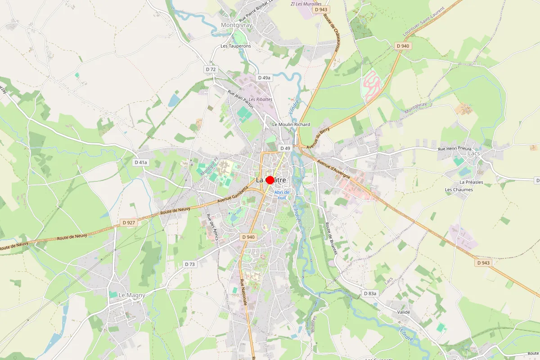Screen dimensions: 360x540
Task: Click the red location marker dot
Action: tap(270, 180)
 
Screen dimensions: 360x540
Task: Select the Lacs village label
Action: tap(474, 153)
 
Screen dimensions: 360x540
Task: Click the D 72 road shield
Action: tap(211, 69)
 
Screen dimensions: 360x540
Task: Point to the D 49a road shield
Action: tap(264, 78)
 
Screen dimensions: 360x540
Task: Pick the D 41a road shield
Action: tap(141, 162)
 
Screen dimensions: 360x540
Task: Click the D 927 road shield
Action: tap(129, 222)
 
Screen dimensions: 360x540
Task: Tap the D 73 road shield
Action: tap(190, 264)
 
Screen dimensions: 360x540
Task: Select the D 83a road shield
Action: tap(369, 293)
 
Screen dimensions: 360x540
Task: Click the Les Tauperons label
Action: tap(235, 46)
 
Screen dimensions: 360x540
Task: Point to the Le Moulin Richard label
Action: tap(291, 124)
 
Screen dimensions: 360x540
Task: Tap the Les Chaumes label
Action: tap(459, 189)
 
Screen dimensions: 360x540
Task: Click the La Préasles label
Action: tap(471, 182)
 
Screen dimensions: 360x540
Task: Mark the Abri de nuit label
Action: tap(282, 194)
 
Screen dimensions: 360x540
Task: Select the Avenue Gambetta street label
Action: tap(233, 194)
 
